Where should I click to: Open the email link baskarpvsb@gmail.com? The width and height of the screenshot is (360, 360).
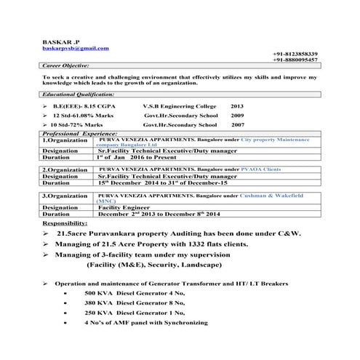76,47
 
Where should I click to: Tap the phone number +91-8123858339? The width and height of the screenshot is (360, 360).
296,54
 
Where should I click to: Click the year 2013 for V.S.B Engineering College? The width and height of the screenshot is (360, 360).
237,105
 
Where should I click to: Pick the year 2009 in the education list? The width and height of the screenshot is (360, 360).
237,115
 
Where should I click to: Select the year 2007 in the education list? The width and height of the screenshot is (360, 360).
237,124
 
